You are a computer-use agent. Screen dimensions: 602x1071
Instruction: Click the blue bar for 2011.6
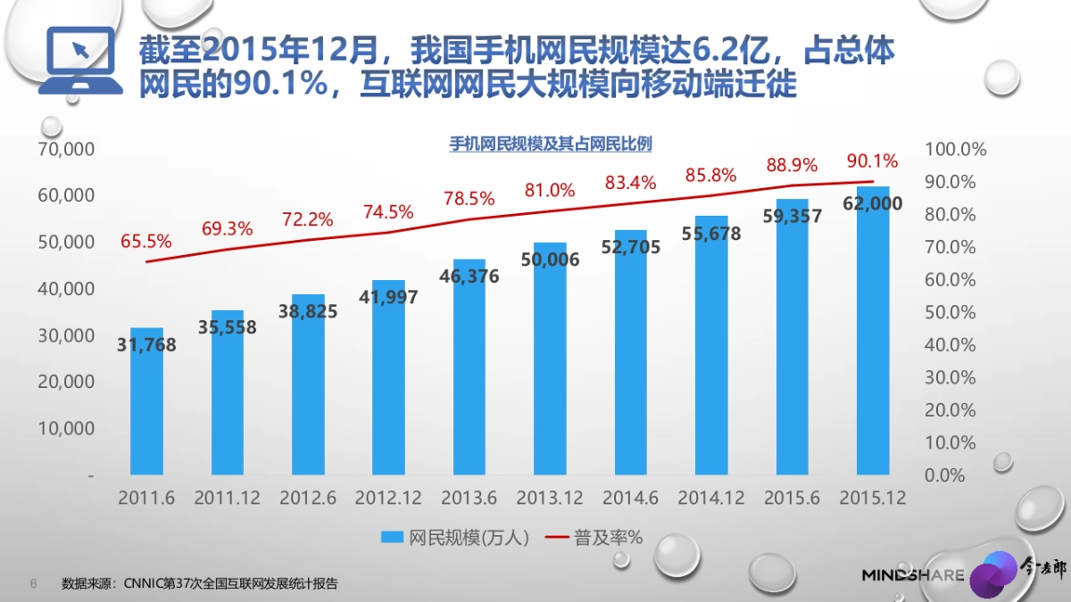(146, 410)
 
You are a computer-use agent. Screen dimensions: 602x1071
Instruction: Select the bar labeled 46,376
(469, 375)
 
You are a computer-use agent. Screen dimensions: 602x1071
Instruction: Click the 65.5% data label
(146, 241)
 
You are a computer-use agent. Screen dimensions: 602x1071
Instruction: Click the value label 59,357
(793, 217)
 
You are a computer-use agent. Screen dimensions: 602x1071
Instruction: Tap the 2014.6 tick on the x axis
(630, 499)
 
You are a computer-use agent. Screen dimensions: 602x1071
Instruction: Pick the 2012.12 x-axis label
(388, 499)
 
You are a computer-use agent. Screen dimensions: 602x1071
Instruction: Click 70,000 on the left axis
(66, 149)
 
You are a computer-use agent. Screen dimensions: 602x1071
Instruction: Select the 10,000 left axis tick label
(66, 428)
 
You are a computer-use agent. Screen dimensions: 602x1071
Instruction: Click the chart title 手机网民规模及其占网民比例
(550, 144)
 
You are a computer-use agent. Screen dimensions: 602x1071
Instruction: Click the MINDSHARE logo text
(912, 575)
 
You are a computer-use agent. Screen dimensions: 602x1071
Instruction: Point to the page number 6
(34, 584)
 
